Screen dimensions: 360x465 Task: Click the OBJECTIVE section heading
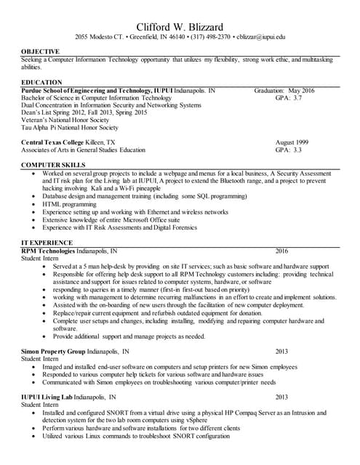pyautogui.click(x=41, y=52)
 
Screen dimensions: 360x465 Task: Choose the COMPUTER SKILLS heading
pyautogui.click(x=54, y=166)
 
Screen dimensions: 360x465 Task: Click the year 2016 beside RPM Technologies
pyautogui.click(x=282, y=251)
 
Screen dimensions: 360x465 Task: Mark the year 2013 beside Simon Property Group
pyautogui.click(x=282, y=351)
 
